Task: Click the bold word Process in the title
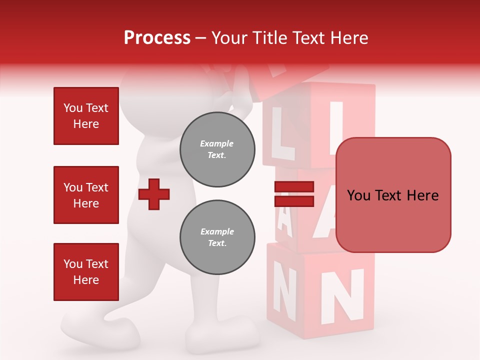point(157,38)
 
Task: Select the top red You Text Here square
point(86,116)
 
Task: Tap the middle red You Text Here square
point(86,195)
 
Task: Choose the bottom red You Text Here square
point(86,272)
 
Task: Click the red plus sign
point(154,194)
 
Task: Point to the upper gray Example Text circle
point(217,149)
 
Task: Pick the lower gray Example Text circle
point(217,237)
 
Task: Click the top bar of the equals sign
point(294,187)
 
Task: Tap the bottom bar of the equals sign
point(294,201)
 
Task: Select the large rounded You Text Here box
point(393,195)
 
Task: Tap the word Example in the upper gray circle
point(217,143)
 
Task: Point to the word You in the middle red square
point(72,187)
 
